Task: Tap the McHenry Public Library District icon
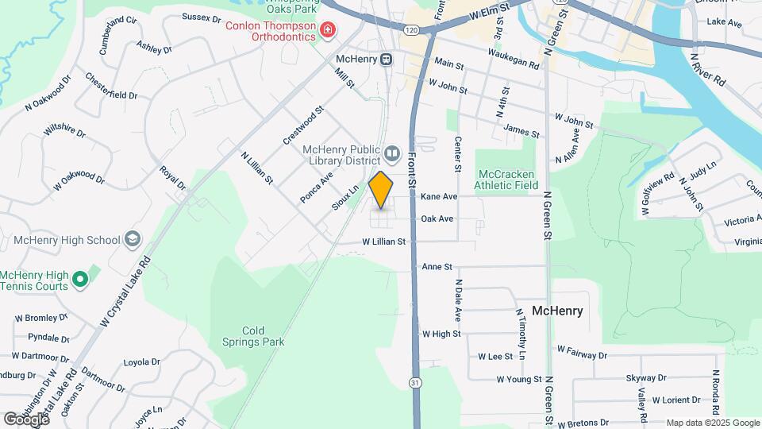(x=391, y=152)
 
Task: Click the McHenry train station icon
(x=386, y=60)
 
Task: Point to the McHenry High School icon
(x=132, y=240)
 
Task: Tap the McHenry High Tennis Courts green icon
(x=79, y=280)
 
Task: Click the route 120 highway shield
(x=410, y=29)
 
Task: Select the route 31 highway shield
(x=415, y=382)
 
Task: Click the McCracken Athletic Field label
(x=505, y=180)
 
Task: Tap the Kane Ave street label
(x=439, y=196)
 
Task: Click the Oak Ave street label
(x=437, y=218)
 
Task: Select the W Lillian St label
(x=384, y=241)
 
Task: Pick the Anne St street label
(x=437, y=267)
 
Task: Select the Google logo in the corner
(x=25, y=419)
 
